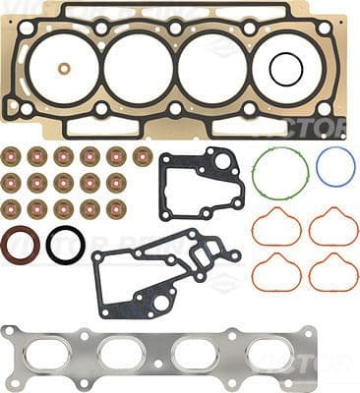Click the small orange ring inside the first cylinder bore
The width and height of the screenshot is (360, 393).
(64, 69)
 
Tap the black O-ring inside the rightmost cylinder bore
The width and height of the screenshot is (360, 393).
(285, 69)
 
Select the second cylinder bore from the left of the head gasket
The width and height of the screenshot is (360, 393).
(139, 69)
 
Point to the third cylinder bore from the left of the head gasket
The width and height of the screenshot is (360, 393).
(212, 69)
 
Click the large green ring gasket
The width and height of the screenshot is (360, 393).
(279, 172)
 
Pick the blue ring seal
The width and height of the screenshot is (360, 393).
(335, 167)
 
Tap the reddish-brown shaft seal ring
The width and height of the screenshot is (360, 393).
(20, 245)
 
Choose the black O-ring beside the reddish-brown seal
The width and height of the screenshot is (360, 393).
(65, 245)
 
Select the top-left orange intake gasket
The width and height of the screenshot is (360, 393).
(276, 228)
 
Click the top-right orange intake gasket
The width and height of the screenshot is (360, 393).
(333, 228)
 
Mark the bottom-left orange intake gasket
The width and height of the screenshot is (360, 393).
(276, 272)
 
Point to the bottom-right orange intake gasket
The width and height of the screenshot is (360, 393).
(333, 272)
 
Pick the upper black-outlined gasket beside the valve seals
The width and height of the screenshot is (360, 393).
(202, 185)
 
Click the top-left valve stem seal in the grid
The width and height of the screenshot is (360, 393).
(12, 156)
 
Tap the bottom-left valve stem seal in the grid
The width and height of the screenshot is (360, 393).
(12, 207)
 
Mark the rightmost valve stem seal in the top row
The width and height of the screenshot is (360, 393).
(143, 156)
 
